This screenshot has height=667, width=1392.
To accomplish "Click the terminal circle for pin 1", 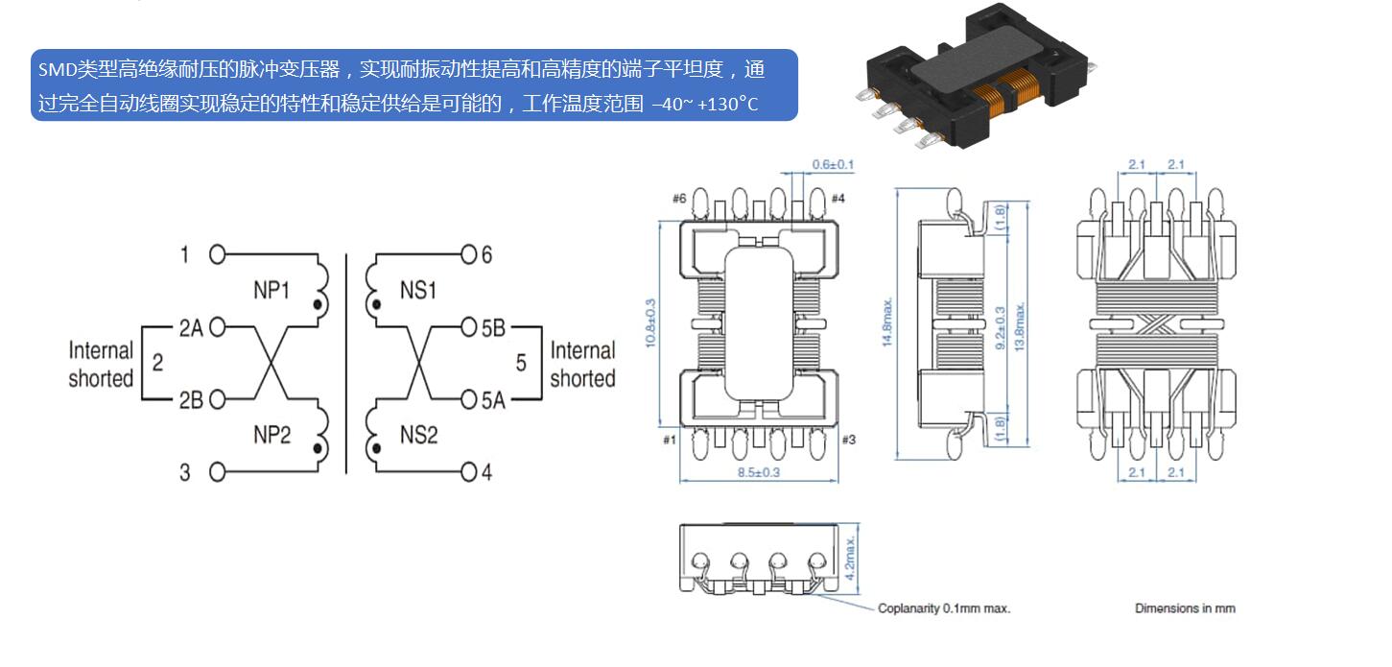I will [218, 255].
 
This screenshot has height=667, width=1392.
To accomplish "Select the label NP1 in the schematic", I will [271, 290].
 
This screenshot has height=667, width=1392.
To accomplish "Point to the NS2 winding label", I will [418, 435].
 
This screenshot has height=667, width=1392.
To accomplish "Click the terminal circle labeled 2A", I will [218, 327].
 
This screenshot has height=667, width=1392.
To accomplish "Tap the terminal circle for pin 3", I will [218, 471].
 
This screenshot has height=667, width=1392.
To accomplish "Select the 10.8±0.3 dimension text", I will [650, 324].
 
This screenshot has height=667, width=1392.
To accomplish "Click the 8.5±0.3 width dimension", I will [759, 472].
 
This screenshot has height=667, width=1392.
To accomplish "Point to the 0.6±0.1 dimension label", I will [833, 165].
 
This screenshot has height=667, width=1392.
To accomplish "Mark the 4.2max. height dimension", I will [852, 560].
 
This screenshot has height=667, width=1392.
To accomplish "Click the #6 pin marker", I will [679, 199].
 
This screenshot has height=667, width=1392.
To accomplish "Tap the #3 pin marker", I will [848, 440].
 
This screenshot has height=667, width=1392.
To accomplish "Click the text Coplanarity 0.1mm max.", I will [944, 608].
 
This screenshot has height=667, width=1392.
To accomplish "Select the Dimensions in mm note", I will [1185, 608].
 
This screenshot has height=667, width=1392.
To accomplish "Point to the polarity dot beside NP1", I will [318, 305].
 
